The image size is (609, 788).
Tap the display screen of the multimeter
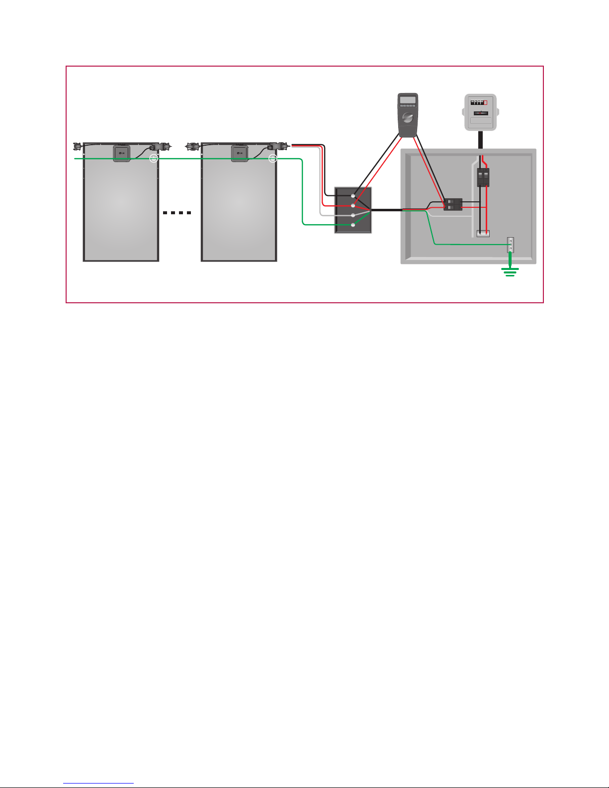click(408, 99)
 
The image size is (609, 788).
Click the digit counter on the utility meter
click(479, 102)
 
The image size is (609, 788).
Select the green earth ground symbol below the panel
click(510, 271)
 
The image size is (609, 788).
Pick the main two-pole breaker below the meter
click(483, 177)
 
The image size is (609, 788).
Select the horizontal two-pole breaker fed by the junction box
click(452, 204)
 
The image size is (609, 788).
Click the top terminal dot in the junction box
click(353, 196)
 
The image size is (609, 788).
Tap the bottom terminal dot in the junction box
click(353, 225)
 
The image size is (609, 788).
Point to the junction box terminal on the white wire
click(353, 215)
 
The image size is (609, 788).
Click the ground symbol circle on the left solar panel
click(154, 159)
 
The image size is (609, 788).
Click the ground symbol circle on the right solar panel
click(272, 159)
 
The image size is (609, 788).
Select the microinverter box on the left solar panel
click(122, 153)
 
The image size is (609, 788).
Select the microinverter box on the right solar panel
click(240, 153)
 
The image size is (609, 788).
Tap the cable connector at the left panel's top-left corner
click(77, 146)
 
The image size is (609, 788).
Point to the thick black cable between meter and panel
click(481, 140)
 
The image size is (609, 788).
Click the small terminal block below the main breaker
click(483, 233)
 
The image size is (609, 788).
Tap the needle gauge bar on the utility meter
click(479, 113)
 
